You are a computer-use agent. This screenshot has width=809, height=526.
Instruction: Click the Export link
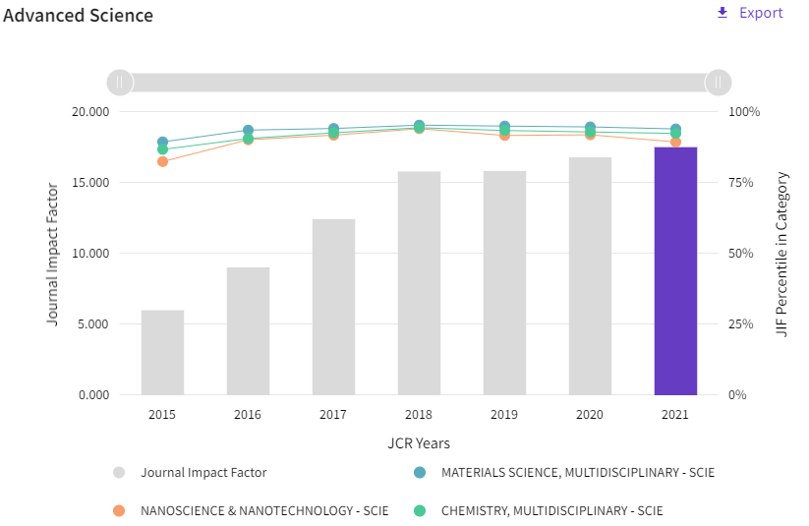(750, 13)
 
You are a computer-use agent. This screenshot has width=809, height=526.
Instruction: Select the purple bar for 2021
(675, 271)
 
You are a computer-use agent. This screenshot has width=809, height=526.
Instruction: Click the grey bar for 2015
(162, 353)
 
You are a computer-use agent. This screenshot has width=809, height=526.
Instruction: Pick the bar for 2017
(333, 307)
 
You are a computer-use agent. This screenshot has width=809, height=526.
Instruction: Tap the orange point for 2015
(162, 161)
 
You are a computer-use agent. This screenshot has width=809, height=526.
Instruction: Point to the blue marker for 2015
(162, 142)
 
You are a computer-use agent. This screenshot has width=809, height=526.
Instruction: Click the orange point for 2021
(675, 142)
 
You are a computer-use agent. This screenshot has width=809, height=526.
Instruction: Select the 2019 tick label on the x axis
(504, 415)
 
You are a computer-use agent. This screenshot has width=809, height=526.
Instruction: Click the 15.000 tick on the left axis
(90, 183)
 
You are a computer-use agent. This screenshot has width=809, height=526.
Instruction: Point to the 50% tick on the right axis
(740, 254)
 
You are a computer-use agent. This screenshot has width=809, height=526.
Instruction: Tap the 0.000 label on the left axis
(94, 395)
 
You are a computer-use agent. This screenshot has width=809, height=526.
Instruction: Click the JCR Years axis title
(419, 443)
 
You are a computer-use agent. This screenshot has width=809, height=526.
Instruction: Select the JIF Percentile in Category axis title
(782, 254)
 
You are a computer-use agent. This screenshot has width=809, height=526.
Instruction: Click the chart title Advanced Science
(78, 16)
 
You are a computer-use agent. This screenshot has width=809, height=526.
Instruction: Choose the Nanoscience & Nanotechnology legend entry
(251, 511)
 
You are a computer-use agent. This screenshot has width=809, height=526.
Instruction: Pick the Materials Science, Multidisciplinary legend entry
(564, 472)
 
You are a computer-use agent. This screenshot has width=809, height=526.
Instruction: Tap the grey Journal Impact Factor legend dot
(119, 472)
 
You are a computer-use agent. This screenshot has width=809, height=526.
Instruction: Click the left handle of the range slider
(120, 83)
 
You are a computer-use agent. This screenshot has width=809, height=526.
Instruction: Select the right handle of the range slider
(719, 83)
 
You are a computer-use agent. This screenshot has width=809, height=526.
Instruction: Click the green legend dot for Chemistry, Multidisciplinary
(420, 511)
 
